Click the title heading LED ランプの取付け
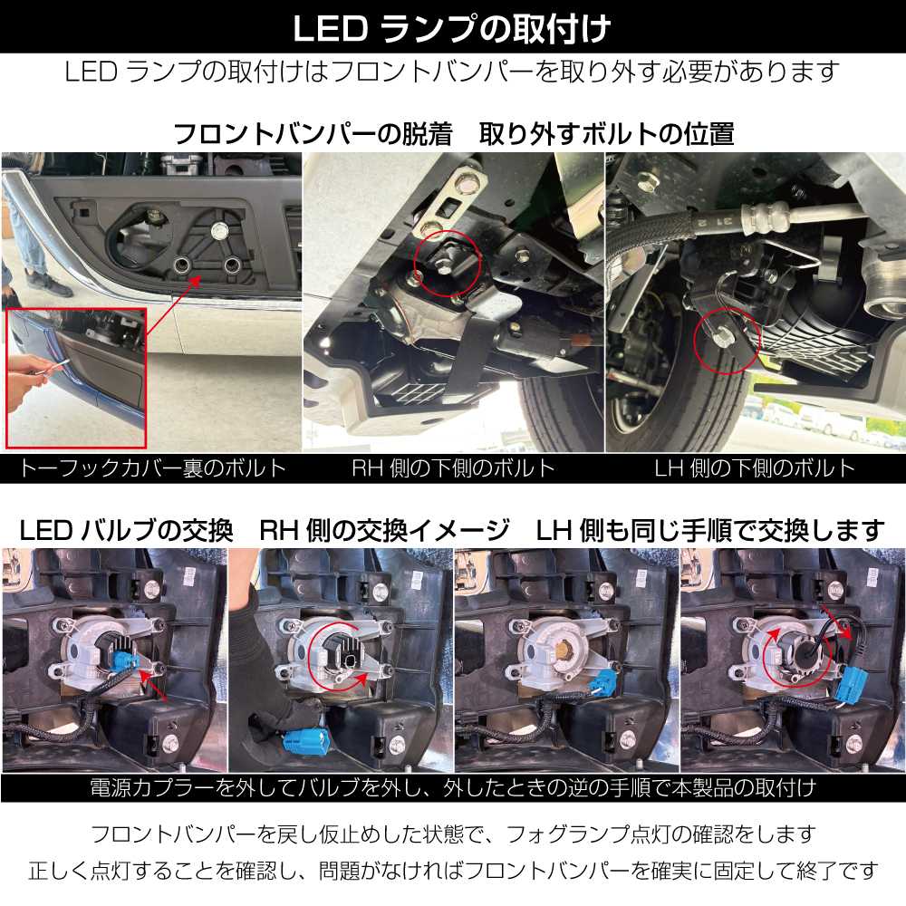click(x=452, y=28)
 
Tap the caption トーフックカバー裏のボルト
click(x=152, y=467)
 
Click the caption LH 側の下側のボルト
click(x=755, y=467)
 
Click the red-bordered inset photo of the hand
click(x=76, y=378)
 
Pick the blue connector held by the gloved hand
click(x=304, y=739)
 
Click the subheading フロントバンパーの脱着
click(x=312, y=134)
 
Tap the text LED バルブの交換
click(x=126, y=530)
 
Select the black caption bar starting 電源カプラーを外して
click(x=453, y=787)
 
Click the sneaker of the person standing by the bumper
click(x=49, y=283)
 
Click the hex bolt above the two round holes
click(x=219, y=230)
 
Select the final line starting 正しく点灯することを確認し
click(x=453, y=870)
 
